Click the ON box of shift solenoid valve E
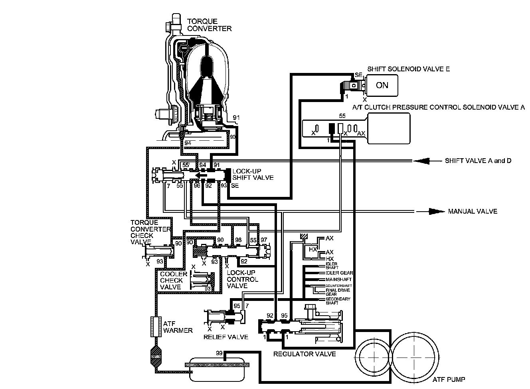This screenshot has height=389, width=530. pos(382,85)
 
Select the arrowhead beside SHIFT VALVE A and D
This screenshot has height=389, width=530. pos(423,161)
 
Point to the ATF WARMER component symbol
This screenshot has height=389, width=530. pos(155,327)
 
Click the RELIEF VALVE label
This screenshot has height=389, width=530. pos(226,337)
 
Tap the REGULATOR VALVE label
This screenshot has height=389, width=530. pos(305,354)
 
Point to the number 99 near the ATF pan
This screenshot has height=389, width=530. pos(219,354)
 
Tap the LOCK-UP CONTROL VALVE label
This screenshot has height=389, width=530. pos(242,279)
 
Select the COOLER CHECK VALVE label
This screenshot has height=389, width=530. pos(173,281)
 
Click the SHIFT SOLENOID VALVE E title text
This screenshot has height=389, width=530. pos(408,69)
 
